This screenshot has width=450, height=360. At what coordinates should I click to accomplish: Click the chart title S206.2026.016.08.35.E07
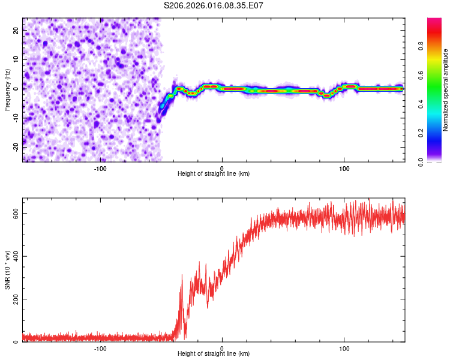(x=214, y=6)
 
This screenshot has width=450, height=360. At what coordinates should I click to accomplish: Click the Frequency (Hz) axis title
(x=7, y=90)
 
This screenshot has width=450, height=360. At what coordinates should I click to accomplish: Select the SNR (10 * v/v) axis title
(x=7, y=270)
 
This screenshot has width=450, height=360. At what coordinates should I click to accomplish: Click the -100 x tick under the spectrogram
(x=100, y=168)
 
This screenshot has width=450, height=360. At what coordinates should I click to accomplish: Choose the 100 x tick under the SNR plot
(x=344, y=348)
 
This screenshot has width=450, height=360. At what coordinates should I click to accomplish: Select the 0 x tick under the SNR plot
(x=222, y=348)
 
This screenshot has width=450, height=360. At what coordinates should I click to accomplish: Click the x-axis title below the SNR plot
(x=214, y=354)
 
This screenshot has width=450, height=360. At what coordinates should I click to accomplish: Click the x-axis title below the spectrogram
(x=214, y=174)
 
